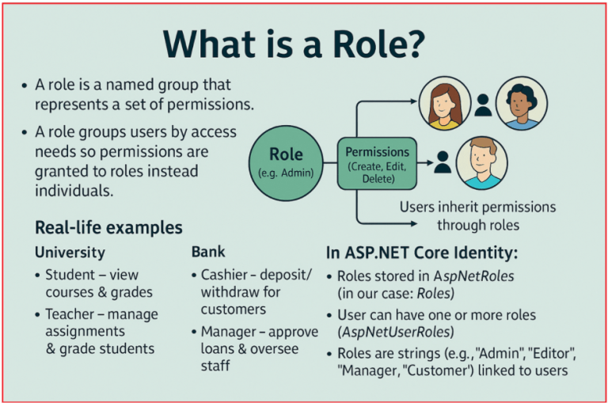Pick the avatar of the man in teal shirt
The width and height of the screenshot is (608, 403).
point(481,162)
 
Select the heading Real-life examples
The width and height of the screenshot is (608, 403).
point(108,228)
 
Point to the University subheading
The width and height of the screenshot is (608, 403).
point(70,253)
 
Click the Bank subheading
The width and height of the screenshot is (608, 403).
point(208,252)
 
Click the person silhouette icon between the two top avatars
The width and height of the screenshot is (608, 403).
point(481,105)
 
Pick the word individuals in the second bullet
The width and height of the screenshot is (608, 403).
point(73,191)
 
